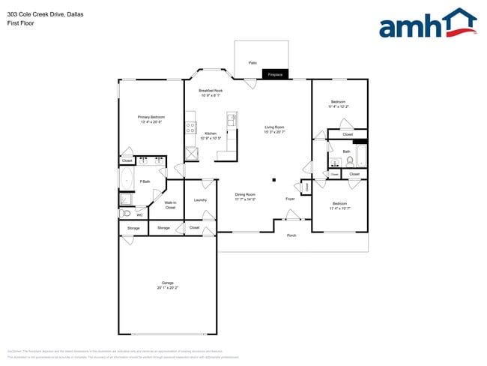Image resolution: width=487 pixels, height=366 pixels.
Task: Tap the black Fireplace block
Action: coord(275,74)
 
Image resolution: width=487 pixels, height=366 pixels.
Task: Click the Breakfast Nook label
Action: coord(210,93)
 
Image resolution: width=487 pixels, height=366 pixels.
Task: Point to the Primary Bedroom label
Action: coord(151,119)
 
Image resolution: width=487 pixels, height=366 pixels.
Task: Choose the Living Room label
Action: coord(274,129)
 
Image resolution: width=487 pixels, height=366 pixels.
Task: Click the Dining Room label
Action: coord(245,196)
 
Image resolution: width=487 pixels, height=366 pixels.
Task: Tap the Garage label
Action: coord(167,285)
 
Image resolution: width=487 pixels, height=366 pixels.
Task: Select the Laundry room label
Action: coord(200,200)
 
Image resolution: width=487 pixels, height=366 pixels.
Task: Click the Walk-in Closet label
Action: coord(170,205)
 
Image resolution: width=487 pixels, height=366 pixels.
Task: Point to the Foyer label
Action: coord(290,199)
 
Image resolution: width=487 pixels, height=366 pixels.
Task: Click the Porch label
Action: coord(291,235)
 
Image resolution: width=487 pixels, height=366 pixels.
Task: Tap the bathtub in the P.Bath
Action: coord(126,178)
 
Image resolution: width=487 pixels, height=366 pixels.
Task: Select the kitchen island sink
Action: coord(232,118)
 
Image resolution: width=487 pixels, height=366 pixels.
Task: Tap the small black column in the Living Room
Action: coord(273,179)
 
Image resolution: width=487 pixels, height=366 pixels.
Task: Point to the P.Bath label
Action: coord(145,181)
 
